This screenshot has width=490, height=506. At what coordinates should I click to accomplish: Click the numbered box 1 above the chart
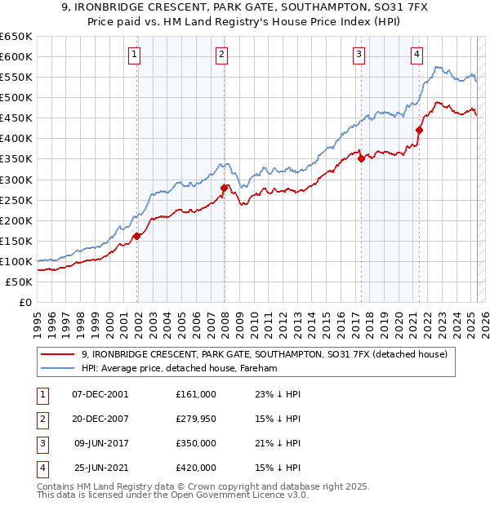tap(134, 55)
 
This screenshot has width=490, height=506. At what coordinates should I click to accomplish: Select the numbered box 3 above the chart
tap(359, 55)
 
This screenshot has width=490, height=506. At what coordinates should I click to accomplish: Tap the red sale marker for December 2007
tap(224, 188)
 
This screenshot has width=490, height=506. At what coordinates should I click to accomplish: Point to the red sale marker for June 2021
tap(419, 130)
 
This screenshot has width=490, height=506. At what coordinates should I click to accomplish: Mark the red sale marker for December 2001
tap(137, 236)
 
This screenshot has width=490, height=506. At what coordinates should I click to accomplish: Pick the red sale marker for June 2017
tap(361, 159)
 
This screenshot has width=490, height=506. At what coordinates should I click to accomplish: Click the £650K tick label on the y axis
tap(16, 37)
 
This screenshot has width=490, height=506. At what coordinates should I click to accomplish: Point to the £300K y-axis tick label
tap(16, 180)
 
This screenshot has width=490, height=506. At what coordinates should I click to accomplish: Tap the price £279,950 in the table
tap(196, 418)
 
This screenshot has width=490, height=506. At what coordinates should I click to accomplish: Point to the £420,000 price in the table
tap(196, 468)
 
